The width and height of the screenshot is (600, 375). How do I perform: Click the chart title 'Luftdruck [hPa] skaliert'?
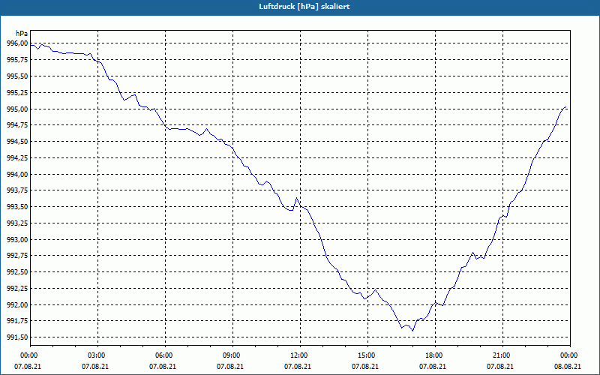click(x=304, y=7)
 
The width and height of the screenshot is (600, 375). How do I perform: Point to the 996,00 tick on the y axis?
click(x=16, y=43)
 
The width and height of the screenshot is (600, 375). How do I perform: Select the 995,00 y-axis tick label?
click(x=16, y=109)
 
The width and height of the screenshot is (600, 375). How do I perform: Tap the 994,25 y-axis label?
click(x=16, y=158)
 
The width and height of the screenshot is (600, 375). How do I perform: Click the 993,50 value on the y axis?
click(x=16, y=207)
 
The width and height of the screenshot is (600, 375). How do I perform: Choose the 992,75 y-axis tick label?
click(x=16, y=256)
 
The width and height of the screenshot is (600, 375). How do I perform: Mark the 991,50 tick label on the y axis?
click(x=16, y=337)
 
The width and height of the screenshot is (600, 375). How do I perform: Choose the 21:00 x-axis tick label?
click(x=502, y=355)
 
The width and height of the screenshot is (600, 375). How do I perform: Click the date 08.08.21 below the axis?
click(x=568, y=367)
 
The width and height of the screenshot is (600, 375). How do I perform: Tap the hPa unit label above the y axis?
click(x=22, y=34)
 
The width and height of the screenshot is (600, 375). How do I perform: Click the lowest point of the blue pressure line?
click(x=412, y=331)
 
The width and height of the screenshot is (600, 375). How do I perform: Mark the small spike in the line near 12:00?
click(x=296, y=198)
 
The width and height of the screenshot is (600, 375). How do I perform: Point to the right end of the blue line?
click(x=566, y=107)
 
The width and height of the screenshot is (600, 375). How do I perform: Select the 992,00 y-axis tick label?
click(x=16, y=305)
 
